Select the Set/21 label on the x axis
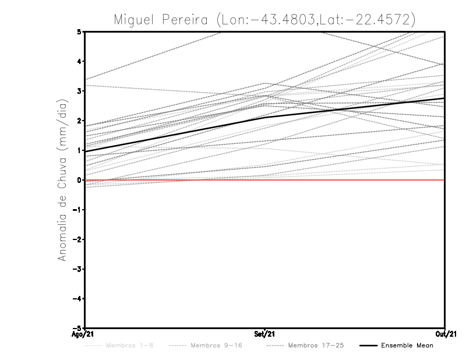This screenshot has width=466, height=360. tap(265, 334)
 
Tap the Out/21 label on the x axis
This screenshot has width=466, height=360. tap(444, 334)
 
